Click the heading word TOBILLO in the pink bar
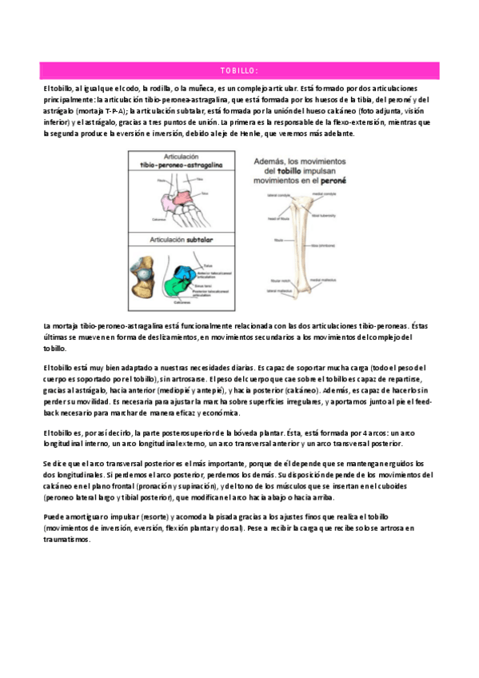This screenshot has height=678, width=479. pyautogui.click(x=239, y=70)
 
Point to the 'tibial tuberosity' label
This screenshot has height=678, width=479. pyautogui.click(x=329, y=215)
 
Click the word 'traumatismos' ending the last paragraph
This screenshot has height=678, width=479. pyautogui.click(x=68, y=540)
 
